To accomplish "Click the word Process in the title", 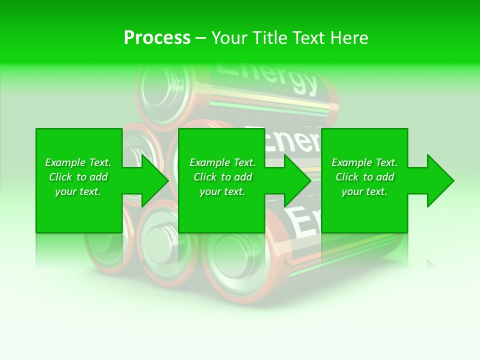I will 157,38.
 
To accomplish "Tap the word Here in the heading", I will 349,38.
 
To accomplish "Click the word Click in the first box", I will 60,177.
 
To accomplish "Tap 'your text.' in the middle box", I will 222,191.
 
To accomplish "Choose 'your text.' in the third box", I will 364,191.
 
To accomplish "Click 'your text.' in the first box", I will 78,191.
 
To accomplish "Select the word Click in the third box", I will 347,177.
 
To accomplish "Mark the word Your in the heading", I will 229,38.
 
